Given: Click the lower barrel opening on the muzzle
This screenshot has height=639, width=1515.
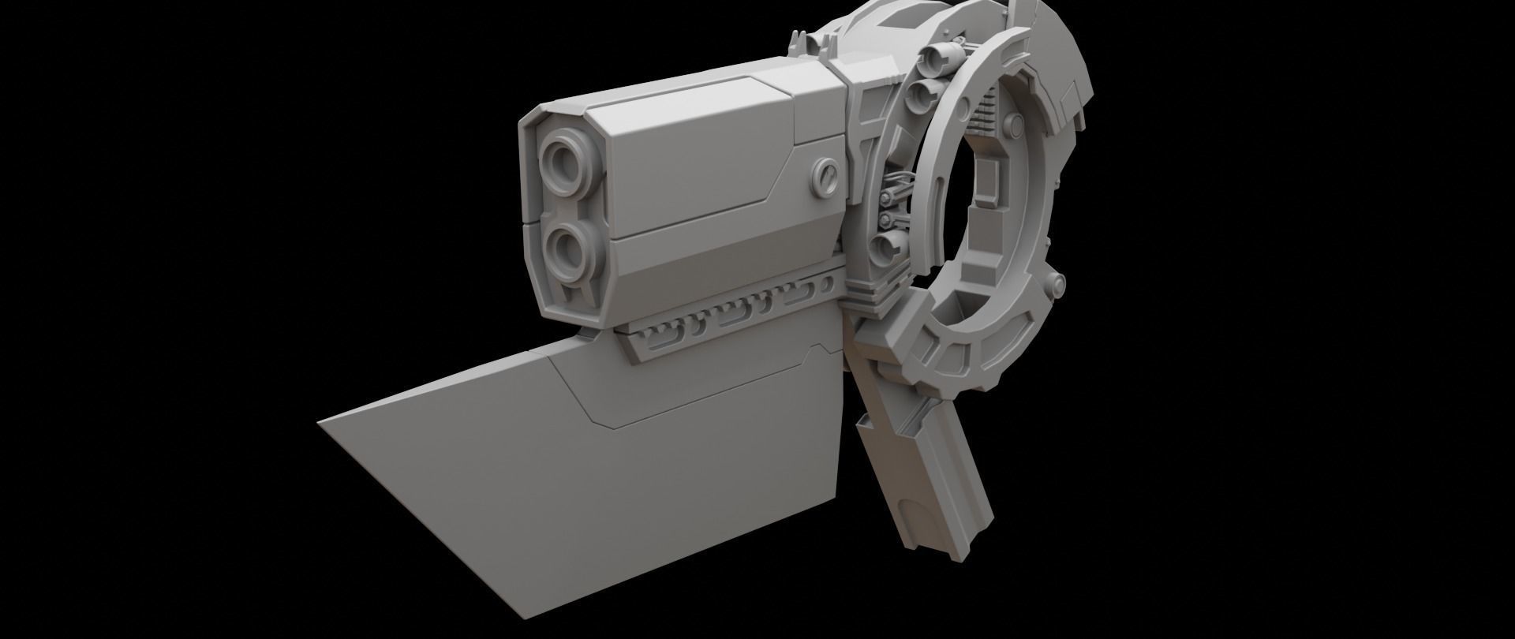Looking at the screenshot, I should coord(566,254).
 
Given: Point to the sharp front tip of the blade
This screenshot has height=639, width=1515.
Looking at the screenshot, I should coord(319,424).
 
